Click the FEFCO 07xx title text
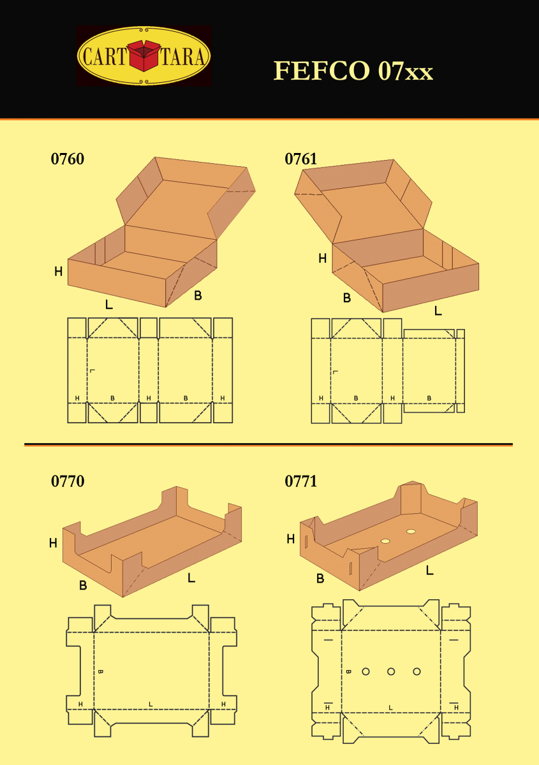coord(353,71)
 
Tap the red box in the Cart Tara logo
coord(144,55)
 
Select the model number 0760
coord(68,159)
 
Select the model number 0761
coord(301,159)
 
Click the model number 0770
coord(68,481)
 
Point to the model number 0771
coord(301,481)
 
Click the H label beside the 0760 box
coord(59,272)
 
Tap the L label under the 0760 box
coord(109,304)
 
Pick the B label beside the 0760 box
coord(198,295)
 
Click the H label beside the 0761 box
coord(322,259)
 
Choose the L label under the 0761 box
coord(438,310)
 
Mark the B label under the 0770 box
coord(83,585)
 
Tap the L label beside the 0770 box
coord(191,578)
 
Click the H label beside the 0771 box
coord(290,539)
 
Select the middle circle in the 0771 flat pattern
coord(391,672)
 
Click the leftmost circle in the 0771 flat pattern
coord(365,672)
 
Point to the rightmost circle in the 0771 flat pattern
coord(417,672)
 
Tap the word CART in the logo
coord(104,56)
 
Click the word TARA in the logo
coord(183,56)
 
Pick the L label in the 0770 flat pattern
coord(151,704)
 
